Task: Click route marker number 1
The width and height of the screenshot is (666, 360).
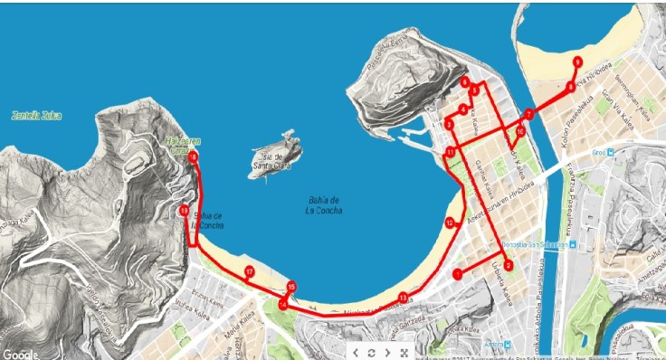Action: [459, 272]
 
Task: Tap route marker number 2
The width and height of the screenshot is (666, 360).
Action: [509, 265]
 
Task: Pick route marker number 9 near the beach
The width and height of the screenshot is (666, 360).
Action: [577, 61]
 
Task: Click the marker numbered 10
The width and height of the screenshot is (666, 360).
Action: [520, 132]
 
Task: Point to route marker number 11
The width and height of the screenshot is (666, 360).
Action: [450, 152]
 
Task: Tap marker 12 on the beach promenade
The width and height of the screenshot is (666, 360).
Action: [449, 223]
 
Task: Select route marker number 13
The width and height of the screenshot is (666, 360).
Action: [403, 298]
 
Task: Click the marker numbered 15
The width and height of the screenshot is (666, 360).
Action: [291, 288]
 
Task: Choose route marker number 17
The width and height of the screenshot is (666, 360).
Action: [249, 271]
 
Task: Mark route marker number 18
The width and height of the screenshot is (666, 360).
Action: [194, 157]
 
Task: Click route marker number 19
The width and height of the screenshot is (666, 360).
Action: [185, 211]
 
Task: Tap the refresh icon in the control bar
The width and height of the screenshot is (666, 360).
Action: [371, 352]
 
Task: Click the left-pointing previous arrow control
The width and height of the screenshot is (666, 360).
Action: [355, 352]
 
